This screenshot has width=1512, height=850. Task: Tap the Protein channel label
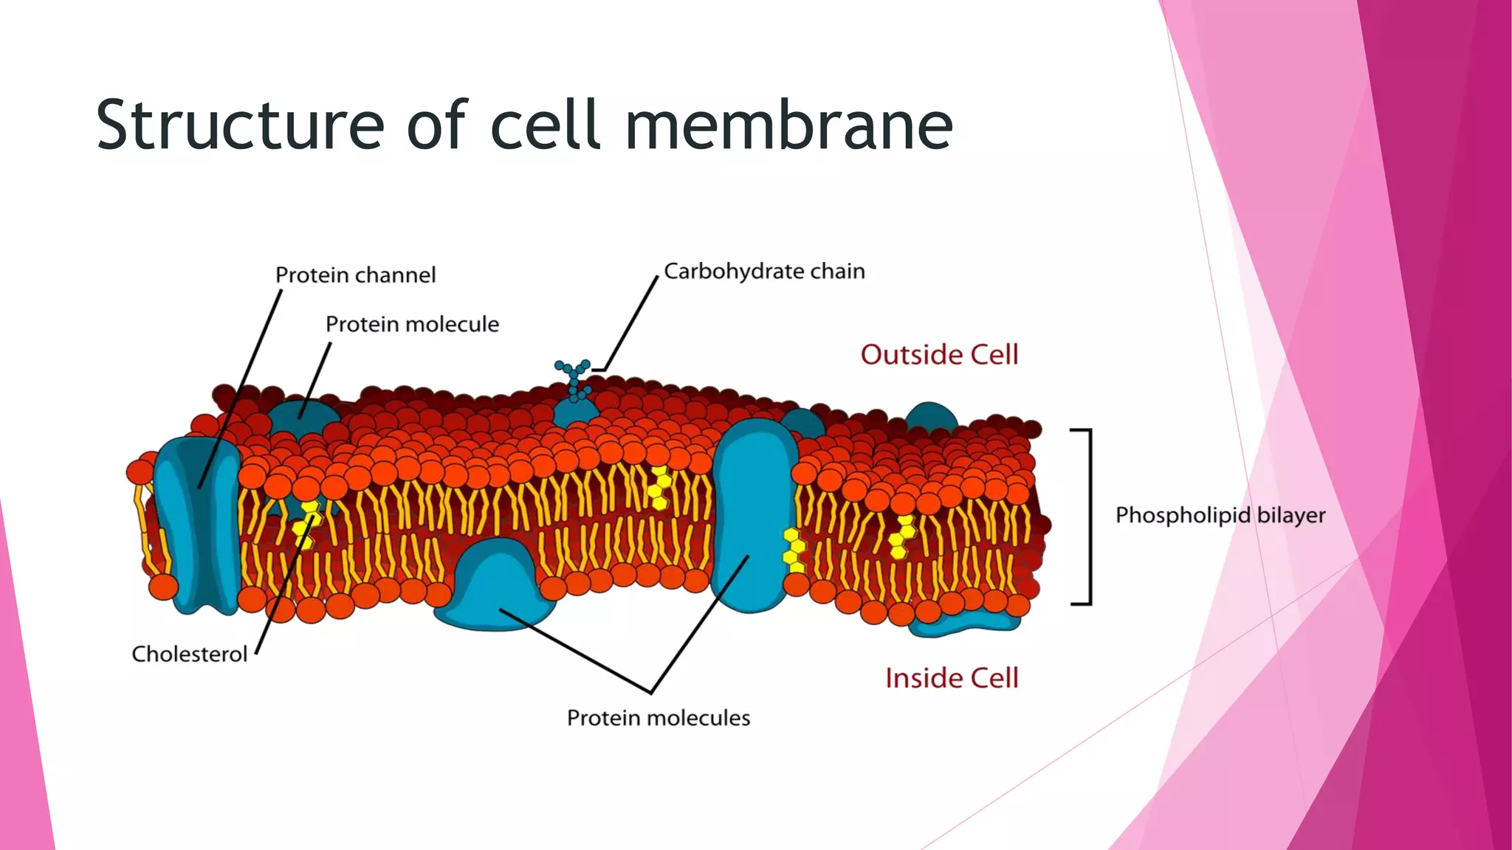click(x=355, y=275)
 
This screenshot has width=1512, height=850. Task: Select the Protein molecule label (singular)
click(x=412, y=325)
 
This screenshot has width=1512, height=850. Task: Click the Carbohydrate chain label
click(x=764, y=272)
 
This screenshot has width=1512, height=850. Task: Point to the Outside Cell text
click(x=939, y=355)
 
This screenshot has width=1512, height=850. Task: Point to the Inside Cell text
click(x=951, y=678)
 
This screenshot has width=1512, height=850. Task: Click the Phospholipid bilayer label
click(x=1220, y=515)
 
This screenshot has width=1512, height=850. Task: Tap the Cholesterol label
click(x=189, y=654)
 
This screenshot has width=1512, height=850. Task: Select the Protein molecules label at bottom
click(x=658, y=718)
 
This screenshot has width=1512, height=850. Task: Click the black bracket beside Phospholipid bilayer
click(x=1089, y=516)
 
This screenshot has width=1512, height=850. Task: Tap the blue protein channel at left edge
click(x=196, y=524)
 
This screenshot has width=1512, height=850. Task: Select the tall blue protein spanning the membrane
click(x=753, y=516)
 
